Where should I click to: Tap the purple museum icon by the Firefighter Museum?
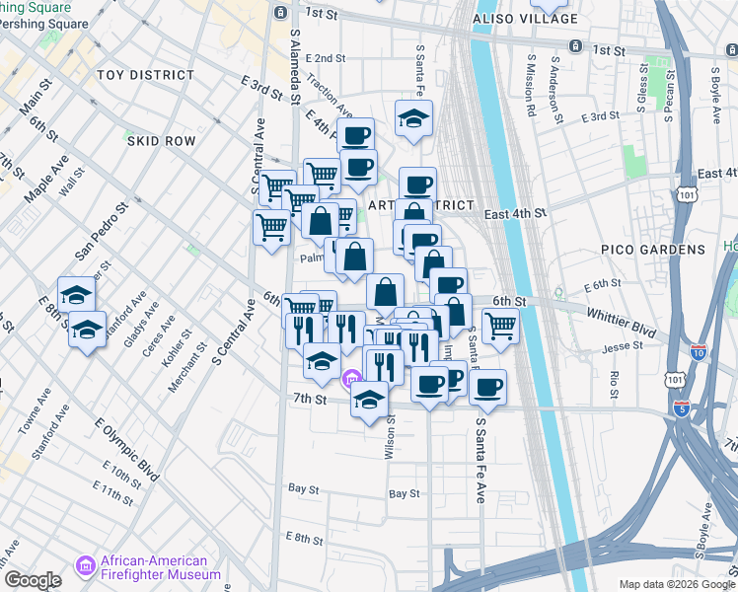coord(86,567)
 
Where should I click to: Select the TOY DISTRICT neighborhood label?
coord(146,75)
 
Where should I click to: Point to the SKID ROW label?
coord(161,141)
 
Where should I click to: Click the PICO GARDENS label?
coord(653,250)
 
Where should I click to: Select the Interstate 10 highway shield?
coord(699,352)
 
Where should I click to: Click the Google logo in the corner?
coord(33,580)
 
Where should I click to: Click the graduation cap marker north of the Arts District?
coord(413,119)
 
